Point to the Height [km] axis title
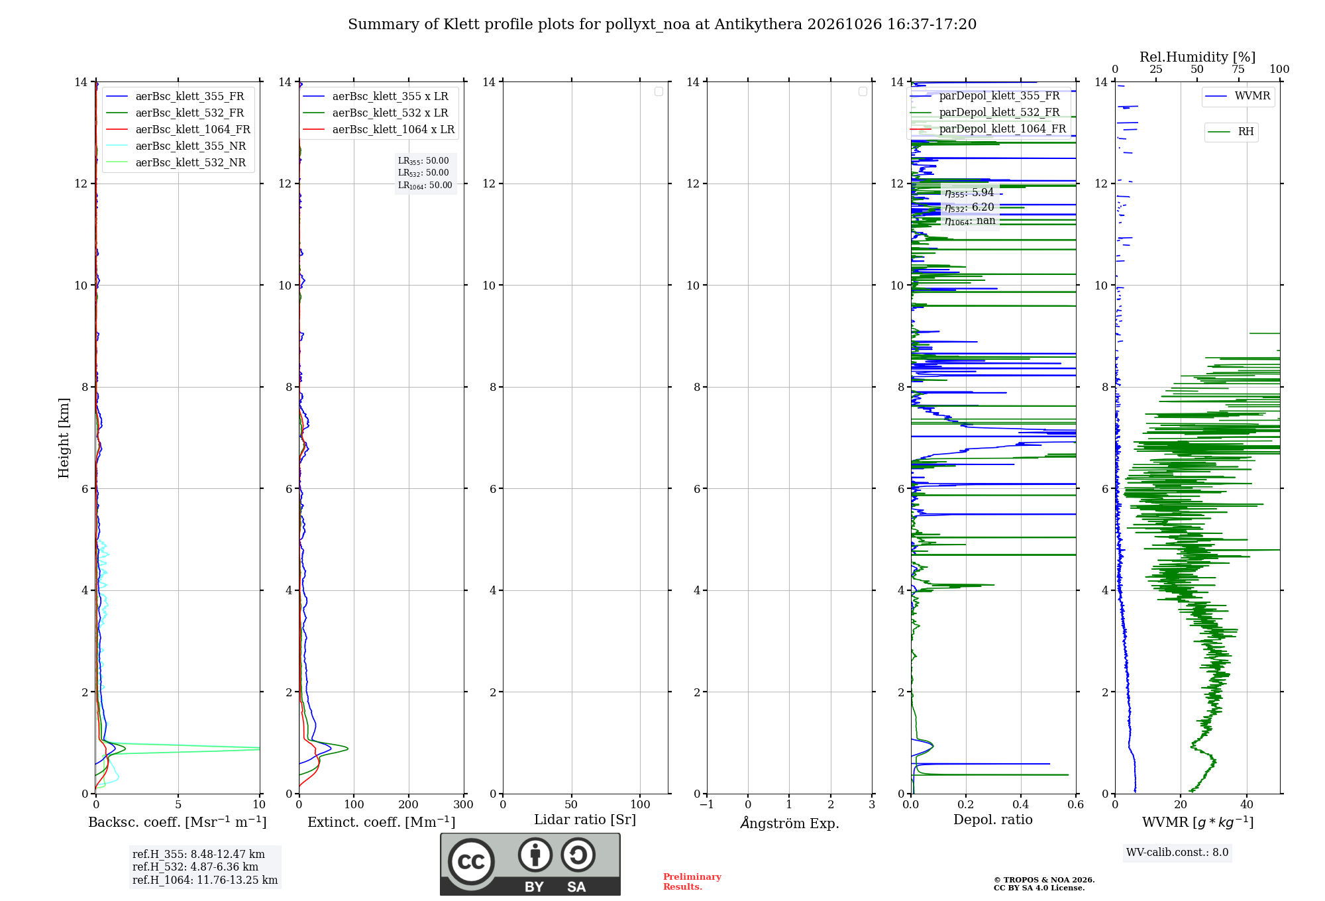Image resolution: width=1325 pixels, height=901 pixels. click(x=64, y=438)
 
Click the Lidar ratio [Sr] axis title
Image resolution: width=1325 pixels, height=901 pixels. click(x=585, y=820)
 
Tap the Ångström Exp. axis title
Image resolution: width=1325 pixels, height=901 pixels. click(x=790, y=823)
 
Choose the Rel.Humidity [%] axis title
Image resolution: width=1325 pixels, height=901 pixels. click(x=1197, y=57)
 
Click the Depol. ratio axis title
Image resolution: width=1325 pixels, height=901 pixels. click(x=993, y=820)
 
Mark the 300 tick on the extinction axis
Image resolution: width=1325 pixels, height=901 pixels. click(x=463, y=804)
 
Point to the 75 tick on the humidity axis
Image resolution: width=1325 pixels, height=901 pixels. click(x=1238, y=69)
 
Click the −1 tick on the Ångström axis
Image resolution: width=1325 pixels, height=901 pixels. click(x=707, y=804)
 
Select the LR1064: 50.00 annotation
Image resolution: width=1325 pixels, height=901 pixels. click(x=425, y=185)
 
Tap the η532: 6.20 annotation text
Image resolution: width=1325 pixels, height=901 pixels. click(x=969, y=207)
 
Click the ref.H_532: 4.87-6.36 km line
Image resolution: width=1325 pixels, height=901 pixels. click(x=195, y=867)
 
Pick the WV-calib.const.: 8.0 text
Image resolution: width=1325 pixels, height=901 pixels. click(x=1177, y=853)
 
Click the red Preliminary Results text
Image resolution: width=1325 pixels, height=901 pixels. click(x=692, y=882)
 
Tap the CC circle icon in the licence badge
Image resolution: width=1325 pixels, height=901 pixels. click(x=471, y=862)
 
